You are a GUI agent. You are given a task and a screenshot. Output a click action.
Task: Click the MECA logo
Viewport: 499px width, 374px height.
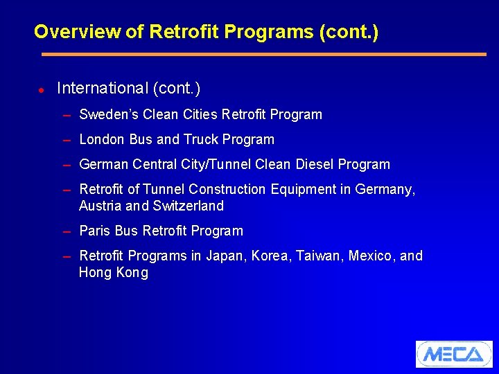click(x=454, y=354)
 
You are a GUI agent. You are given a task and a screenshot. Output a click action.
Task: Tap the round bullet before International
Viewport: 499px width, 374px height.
click(x=42, y=90)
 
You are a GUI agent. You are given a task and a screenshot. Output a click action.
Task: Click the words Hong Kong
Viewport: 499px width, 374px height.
click(x=114, y=272)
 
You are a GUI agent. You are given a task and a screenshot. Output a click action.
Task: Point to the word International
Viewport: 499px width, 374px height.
click(x=103, y=89)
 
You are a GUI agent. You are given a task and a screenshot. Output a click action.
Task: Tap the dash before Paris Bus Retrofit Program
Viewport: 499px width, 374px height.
click(x=67, y=231)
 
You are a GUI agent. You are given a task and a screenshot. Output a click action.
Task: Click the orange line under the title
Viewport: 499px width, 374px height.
click(x=263, y=54)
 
